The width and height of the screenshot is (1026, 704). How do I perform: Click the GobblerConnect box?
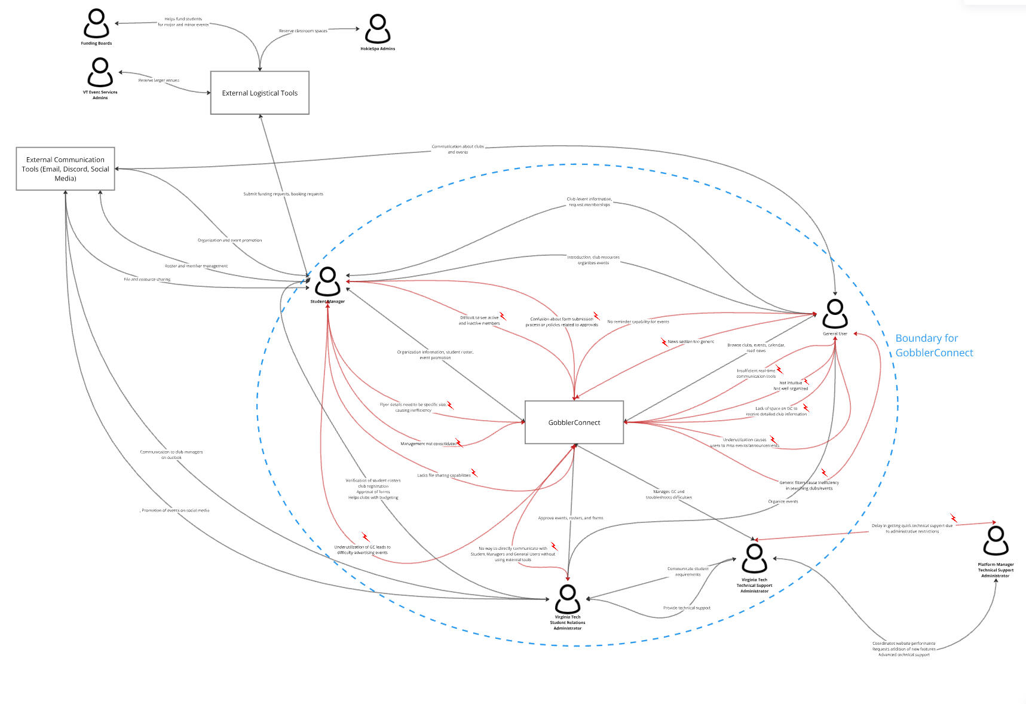click(574, 423)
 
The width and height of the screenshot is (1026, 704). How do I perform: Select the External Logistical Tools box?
click(259, 93)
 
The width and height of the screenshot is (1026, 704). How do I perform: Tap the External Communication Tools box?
click(65, 169)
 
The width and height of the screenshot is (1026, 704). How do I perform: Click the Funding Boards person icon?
click(96, 24)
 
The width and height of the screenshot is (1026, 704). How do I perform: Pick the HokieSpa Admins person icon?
click(378, 29)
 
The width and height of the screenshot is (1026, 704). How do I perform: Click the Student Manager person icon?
click(327, 281)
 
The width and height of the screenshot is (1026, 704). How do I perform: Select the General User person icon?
click(835, 313)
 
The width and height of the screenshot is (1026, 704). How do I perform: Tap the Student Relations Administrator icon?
click(567, 598)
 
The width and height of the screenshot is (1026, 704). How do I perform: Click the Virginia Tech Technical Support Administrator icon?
click(754, 558)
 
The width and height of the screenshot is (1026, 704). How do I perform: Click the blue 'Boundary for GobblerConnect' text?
click(933, 345)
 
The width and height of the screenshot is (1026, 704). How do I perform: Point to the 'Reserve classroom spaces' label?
click(303, 31)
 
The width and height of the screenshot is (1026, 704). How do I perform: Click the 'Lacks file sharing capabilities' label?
click(444, 476)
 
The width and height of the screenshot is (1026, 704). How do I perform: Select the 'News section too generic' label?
click(691, 342)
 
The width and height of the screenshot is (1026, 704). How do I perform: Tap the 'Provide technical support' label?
click(687, 608)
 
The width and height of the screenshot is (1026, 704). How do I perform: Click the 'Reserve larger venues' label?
click(159, 80)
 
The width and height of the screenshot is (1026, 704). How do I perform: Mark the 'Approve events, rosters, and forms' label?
click(571, 518)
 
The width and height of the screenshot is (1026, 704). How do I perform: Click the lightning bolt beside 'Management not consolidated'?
click(459, 443)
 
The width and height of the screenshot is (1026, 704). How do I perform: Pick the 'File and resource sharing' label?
click(147, 280)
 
